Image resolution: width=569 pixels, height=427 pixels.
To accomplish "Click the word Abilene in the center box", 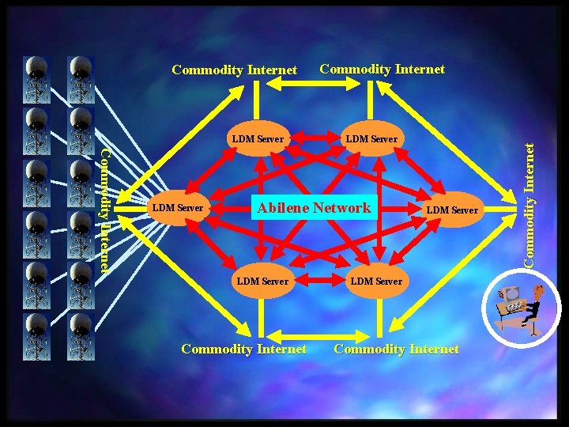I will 284,209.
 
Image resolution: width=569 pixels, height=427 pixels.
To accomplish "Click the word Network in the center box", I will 341,209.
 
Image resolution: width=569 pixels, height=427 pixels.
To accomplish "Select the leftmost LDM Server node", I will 178,209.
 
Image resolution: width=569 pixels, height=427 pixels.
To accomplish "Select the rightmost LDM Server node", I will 452,210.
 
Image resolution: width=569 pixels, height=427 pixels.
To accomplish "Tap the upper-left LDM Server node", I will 258,140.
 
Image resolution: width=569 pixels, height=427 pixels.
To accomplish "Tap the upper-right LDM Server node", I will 371,140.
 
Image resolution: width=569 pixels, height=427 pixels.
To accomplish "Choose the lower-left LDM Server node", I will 263,282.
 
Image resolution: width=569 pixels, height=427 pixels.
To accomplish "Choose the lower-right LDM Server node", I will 376,282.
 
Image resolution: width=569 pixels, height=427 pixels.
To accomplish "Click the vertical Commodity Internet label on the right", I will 540,202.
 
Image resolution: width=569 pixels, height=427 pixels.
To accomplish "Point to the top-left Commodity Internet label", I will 234,70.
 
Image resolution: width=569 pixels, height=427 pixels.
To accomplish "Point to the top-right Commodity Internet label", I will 382,70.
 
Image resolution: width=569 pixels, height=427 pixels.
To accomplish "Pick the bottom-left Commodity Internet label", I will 243,349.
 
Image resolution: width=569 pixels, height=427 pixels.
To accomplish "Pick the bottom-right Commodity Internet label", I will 396,349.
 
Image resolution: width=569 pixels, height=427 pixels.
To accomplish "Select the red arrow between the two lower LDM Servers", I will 319,282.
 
